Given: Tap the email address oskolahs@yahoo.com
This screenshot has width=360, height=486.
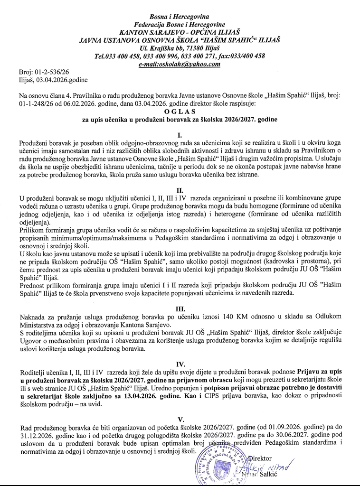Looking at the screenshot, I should (180, 64).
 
